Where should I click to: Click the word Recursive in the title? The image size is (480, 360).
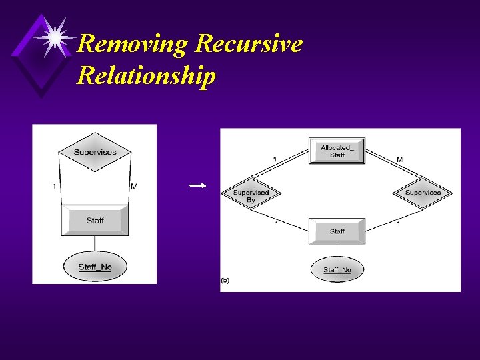pyautogui.click(x=248, y=44)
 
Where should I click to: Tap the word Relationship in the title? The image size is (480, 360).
pyautogui.click(x=146, y=75)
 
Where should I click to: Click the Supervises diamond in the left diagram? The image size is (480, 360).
pyautogui.click(x=95, y=153)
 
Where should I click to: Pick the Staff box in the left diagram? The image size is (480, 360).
pyautogui.click(x=95, y=220)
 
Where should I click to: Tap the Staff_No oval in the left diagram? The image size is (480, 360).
pyautogui.click(x=95, y=267)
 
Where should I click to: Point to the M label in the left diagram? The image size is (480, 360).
pyautogui.click(x=134, y=187)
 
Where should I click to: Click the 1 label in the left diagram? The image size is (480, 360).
pyautogui.click(x=54, y=187)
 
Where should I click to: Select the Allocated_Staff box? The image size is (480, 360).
pyautogui.click(x=337, y=151)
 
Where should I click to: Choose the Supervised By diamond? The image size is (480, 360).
pyautogui.click(x=251, y=194)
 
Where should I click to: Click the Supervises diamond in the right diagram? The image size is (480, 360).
pyautogui.click(x=423, y=193)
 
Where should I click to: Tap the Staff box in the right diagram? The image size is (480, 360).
pyautogui.click(x=337, y=231)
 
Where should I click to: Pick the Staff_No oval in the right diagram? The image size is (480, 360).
pyautogui.click(x=337, y=269)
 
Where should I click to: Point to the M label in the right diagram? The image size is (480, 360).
pyautogui.click(x=399, y=160)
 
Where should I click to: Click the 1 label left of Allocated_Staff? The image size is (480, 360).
pyautogui.click(x=275, y=159)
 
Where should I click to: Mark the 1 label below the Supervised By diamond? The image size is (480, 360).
pyautogui.click(x=277, y=223)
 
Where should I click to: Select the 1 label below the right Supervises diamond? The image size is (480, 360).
pyautogui.click(x=398, y=223)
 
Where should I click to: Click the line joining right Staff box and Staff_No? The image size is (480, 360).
pyautogui.click(x=337, y=251)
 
